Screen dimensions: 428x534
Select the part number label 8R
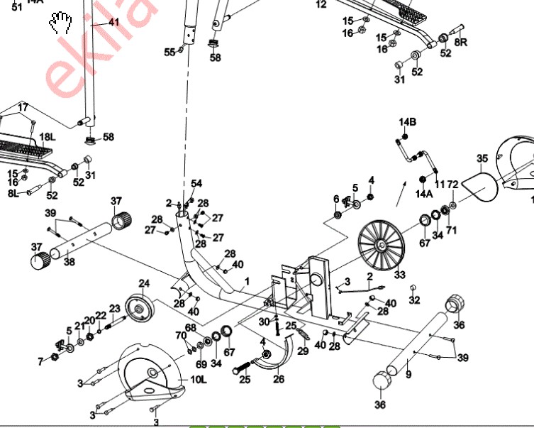(461, 43)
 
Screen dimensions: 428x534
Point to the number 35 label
(482, 158)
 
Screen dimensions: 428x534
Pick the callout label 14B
(407, 122)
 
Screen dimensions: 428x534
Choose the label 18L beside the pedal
(46, 137)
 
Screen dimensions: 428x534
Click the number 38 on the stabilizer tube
(69, 262)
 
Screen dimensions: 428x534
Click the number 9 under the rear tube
(408, 371)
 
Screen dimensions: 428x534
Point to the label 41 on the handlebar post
(113, 23)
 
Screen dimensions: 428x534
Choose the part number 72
(452, 205)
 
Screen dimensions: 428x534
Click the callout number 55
(169, 53)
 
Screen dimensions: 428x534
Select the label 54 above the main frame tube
(196, 184)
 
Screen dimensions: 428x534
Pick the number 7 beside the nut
(40, 362)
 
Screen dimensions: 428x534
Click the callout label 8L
(13, 192)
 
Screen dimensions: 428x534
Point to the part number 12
(321, 4)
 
